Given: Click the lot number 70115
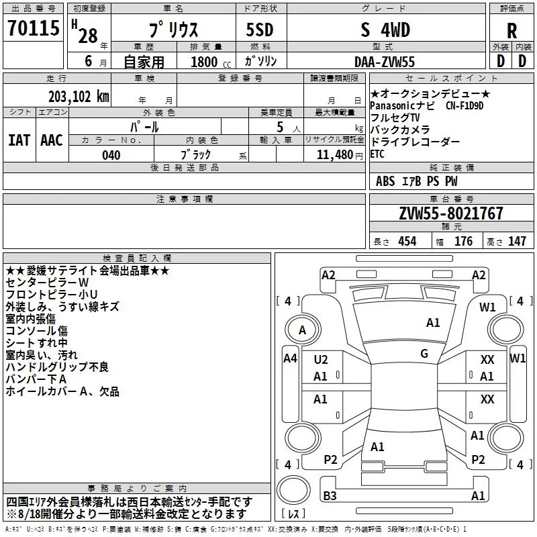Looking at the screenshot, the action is [34, 28].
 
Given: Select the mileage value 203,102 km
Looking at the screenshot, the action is [79, 97].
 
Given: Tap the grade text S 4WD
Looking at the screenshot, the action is [385, 30].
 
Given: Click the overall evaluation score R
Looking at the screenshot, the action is [511, 31].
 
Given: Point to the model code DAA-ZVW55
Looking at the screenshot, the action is [385, 62].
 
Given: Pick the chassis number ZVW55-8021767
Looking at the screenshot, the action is [451, 213].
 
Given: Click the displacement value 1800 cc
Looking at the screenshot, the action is [211, 62].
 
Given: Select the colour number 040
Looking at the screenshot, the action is [111, 155].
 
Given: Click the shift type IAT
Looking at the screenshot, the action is [19, 140].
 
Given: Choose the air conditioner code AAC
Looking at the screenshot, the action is [52, 140].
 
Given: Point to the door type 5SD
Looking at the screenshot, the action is [260, 30].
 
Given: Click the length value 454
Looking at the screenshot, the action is [407, 242].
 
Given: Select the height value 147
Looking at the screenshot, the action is [517, 242].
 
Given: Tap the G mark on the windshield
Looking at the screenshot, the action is [424, 354].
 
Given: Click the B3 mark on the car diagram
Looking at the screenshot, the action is [330, 495].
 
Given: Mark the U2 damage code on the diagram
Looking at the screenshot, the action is [321, 360].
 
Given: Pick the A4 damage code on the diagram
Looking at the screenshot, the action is [291, 358].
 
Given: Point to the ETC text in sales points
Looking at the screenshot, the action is [377, 154].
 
